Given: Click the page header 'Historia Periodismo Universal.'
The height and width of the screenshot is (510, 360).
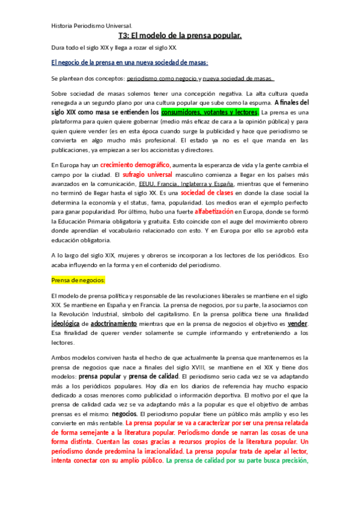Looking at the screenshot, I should coord(92,26).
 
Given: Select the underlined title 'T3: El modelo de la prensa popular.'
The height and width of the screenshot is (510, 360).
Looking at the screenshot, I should coord(180,36).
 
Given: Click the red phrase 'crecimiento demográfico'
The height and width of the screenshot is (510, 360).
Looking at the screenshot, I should coord(135,165).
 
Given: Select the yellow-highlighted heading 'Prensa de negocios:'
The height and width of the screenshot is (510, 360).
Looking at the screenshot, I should coord(79,280).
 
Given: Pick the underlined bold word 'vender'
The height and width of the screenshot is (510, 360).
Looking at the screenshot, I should coord(297,324).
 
